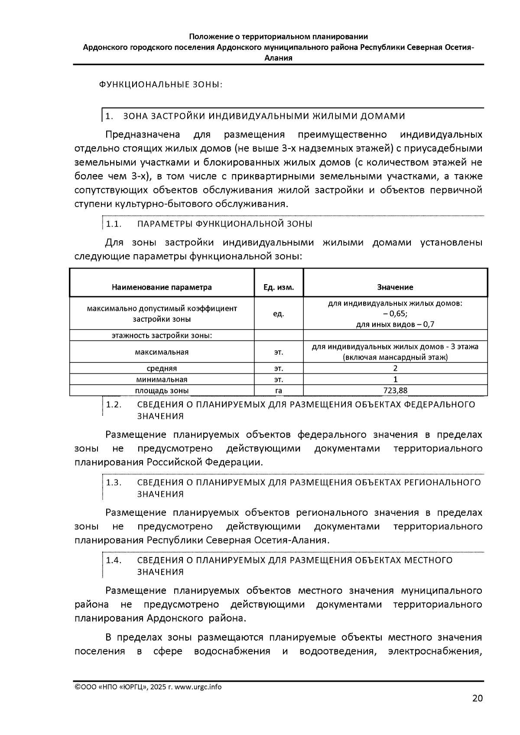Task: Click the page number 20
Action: click(477, 698)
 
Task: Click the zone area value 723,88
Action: click(395, 391)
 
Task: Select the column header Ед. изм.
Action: click(279, 287)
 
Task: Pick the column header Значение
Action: click(395, 287)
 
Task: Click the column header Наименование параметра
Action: click(162, 287)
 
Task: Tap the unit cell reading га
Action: click(279, 391)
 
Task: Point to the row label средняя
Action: click(162, 369)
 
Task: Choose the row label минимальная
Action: click(162, 379)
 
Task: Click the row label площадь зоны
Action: click(162, 391)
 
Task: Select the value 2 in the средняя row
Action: click(395, 369)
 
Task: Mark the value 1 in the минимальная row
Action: click(395, 379)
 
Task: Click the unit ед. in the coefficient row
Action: click(279, 314)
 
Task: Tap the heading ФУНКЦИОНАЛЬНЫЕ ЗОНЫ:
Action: click(161, 84)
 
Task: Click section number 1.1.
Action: click(114, 224)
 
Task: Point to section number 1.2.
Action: click(114, 405)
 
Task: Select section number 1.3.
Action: click(114, 482)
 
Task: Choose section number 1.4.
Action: click(114, 560)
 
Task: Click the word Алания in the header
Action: click(278, 58)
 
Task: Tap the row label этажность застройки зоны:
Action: click(162, 336)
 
